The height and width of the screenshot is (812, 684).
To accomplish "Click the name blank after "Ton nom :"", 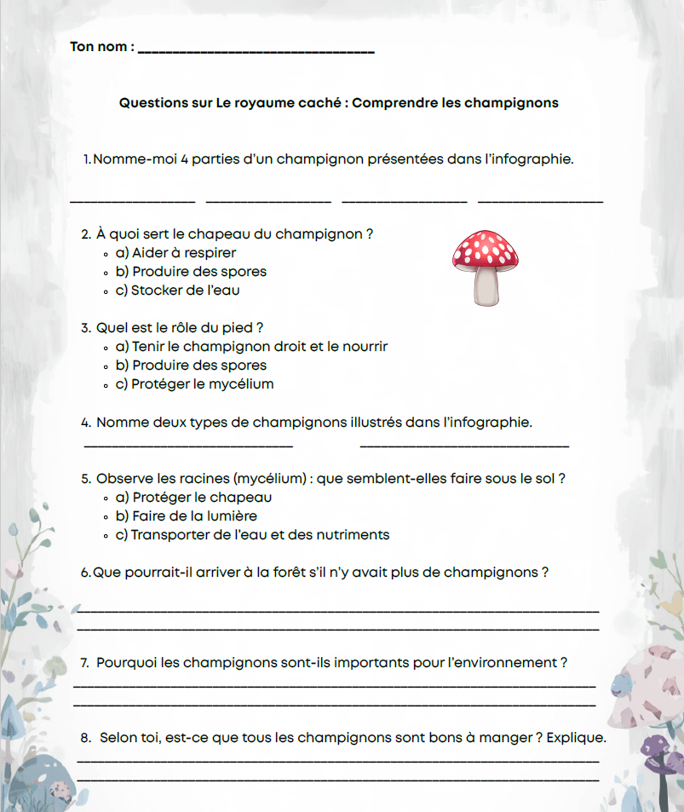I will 256,51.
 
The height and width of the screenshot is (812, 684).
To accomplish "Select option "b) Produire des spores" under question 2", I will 191,272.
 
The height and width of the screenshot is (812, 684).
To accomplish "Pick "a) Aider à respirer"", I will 175,253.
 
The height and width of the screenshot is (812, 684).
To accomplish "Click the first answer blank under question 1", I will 132,199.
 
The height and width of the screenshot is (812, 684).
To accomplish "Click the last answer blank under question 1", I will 540,199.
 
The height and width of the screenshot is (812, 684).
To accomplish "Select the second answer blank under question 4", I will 464,443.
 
